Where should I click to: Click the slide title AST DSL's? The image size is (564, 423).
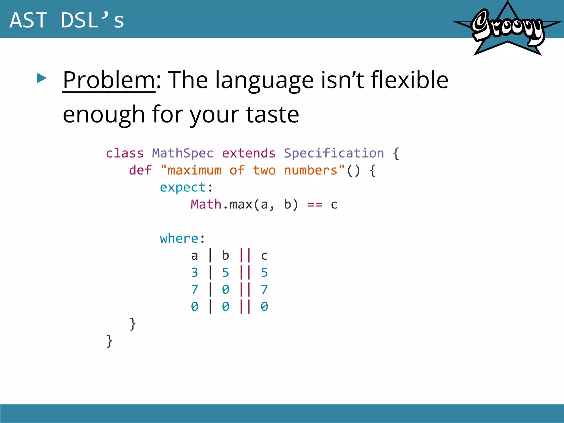[x=67, y=20]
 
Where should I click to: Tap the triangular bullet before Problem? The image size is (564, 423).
[x=41, y=78]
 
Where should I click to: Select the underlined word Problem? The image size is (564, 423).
[x=109, y=80]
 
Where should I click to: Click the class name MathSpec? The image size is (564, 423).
[x=183, y=153]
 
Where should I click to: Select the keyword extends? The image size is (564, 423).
[x=248, y=153]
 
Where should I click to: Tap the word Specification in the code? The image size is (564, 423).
[x=334, y=153]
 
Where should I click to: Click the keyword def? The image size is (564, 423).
[x=140, y=170]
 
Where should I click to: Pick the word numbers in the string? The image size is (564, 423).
[x=310, y=170]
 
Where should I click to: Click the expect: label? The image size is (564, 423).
[x=186, y=187]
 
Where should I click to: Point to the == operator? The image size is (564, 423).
[x=314, y=205]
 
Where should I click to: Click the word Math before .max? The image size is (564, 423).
[x=206, y=204]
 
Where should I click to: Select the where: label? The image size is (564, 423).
[x=182, y=238]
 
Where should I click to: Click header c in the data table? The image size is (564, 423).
[x=264, y=256]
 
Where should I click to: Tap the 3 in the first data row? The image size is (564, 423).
[x=194, y=273]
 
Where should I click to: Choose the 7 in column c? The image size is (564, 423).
[x=264, y=289]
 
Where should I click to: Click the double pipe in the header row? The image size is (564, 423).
[x=245, y=255]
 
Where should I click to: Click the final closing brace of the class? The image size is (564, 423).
[x=109, y=341]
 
